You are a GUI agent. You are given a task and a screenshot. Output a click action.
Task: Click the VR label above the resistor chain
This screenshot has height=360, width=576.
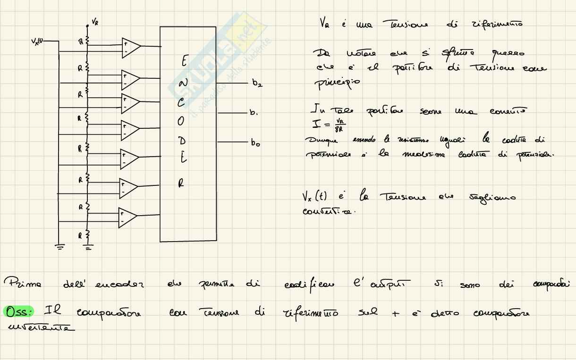click(x=95, y=21)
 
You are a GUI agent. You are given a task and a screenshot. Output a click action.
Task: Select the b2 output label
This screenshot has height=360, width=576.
click(x=257, y=84)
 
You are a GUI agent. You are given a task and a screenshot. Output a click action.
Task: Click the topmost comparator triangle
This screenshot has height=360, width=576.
click(x=131, y=46)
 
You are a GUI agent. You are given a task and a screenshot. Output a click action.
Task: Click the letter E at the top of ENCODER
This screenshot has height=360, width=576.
click(x=185, y=62)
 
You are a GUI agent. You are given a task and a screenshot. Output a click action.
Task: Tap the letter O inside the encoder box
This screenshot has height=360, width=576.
click(x=181, y=121)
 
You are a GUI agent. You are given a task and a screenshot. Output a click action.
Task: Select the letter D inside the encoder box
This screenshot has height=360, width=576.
click(x=183, y=141)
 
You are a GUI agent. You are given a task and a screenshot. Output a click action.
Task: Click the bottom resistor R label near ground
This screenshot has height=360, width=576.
click(x=81, y=234)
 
